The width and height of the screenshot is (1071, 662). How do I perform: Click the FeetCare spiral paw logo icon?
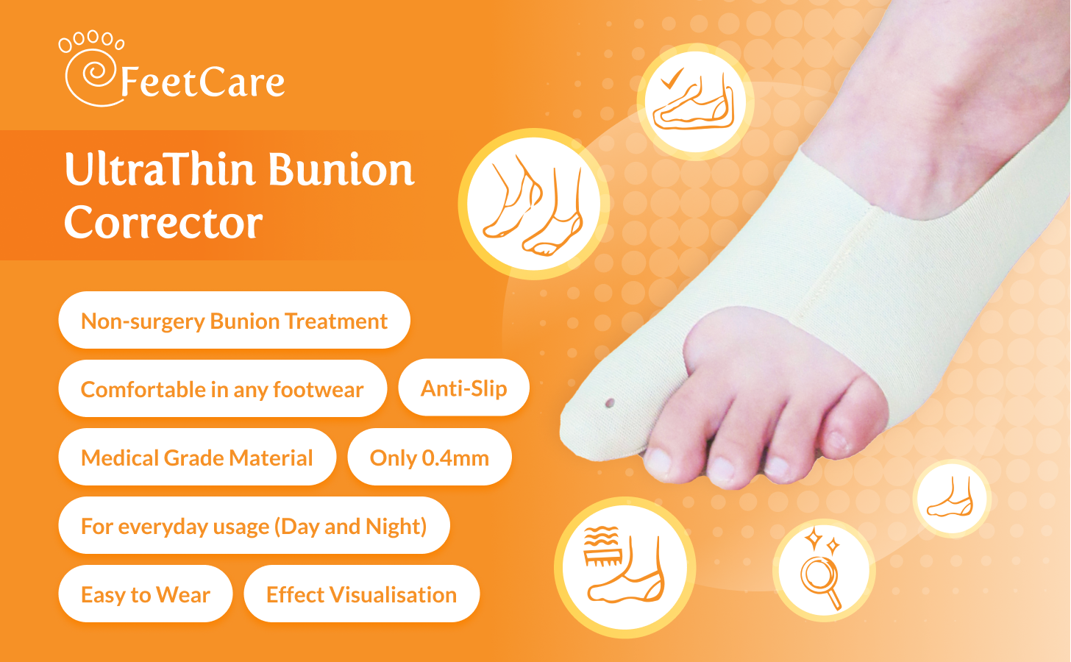click(91, 68)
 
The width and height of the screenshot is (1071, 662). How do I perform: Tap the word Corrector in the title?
click(163, 222)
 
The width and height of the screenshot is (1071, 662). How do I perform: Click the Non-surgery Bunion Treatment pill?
click(234, 320)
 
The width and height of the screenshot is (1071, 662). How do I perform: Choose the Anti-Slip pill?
click(463, 388)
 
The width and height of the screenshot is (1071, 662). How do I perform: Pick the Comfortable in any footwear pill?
click(222, 388)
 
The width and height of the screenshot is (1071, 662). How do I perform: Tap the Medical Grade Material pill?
click(197, 457)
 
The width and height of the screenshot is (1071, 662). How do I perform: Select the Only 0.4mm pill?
click(430, 457)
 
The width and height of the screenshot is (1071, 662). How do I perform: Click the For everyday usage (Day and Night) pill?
click(254, 525)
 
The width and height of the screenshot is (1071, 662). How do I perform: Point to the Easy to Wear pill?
click(146, 594)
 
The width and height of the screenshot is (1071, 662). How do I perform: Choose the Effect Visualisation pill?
click(361, 594)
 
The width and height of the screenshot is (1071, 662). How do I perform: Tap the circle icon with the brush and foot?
click(625, 567)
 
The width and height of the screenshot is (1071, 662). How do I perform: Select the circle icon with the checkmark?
click(696, 102)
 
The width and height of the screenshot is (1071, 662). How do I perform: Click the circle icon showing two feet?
click(533, 204)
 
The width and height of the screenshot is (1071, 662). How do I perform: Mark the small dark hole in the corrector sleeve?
click(610, 403)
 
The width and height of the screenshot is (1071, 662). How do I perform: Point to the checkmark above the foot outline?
click(672, 79)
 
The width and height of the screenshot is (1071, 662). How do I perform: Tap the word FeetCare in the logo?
click(202, 82)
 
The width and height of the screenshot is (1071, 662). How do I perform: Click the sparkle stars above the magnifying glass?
click(822, 541)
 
